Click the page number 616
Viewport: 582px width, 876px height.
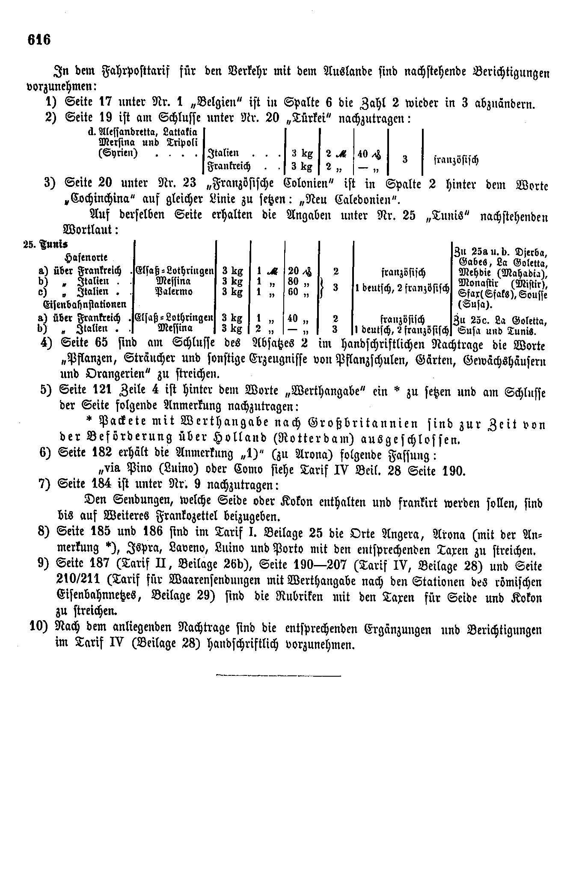39,39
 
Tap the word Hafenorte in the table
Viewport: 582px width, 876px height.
86,257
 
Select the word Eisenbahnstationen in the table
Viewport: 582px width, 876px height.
83,304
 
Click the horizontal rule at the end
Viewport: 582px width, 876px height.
279,676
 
